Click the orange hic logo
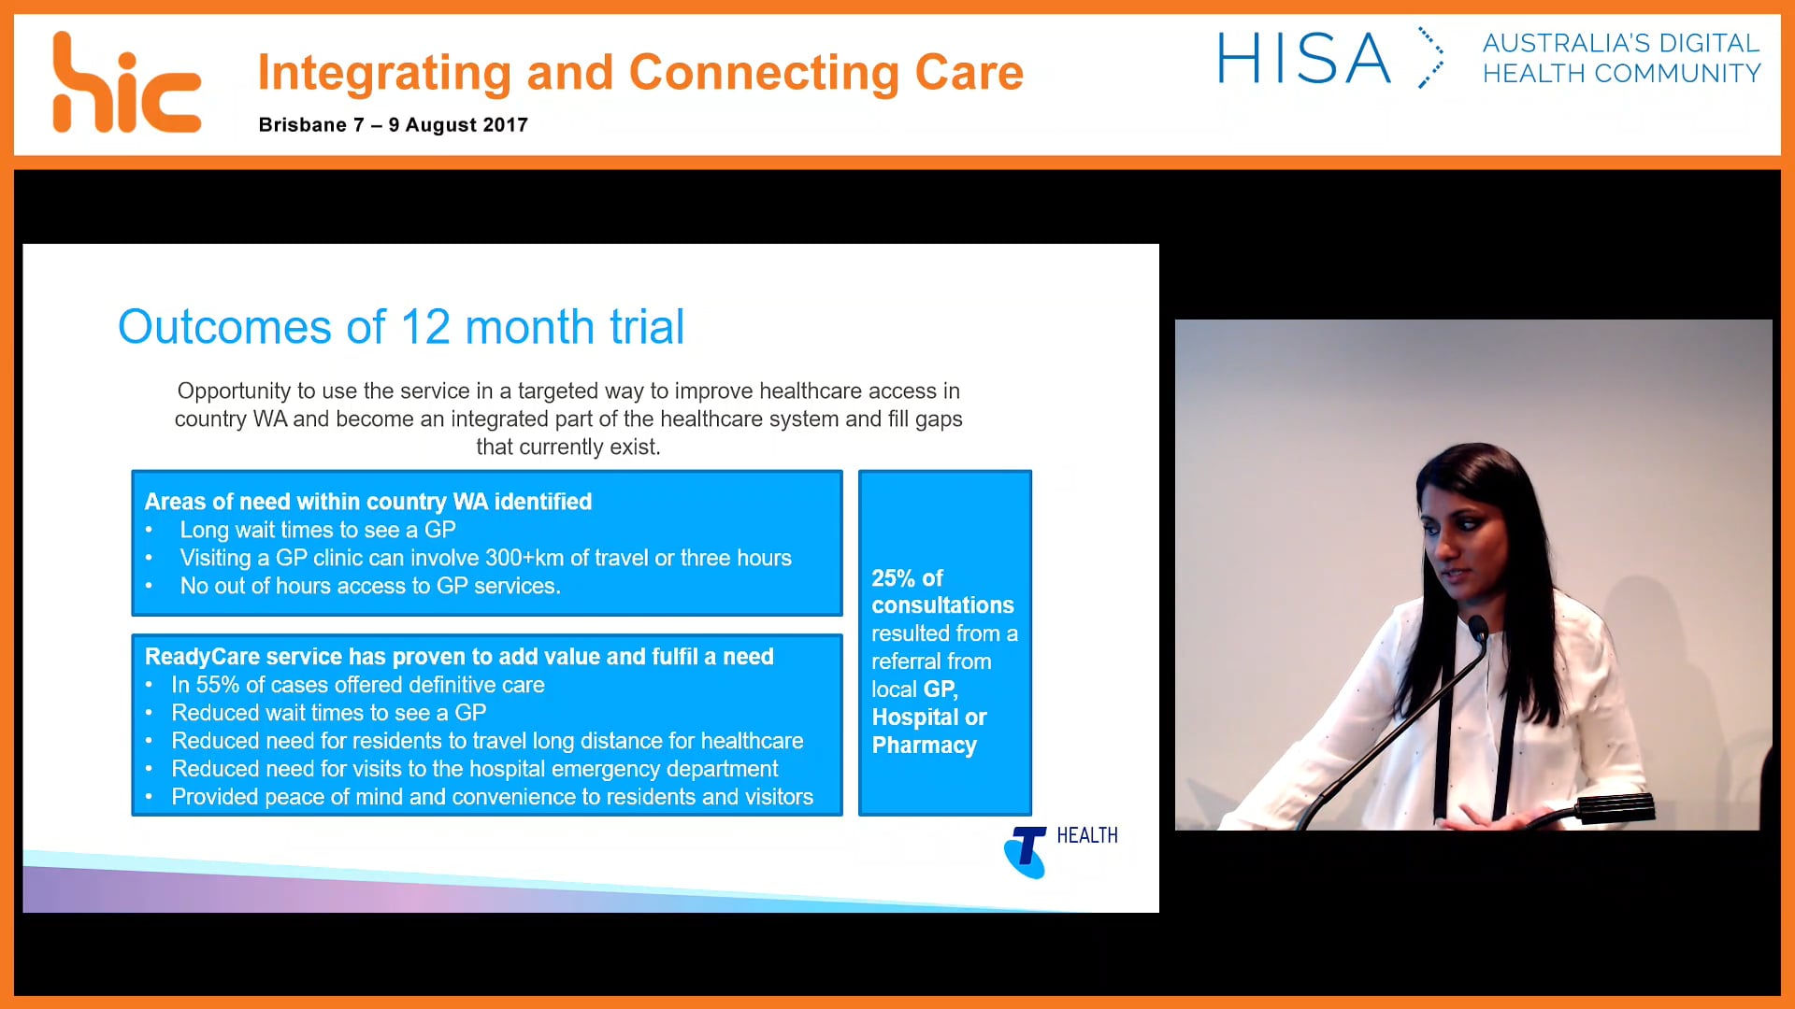(x=126, y=84)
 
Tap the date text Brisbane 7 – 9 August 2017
(x=393, y=125)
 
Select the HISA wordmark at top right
(x=1303, y=59)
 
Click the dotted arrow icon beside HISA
(x=1430, y=58)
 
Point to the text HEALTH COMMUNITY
(x=1621, y=74)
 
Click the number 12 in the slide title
(x=425, y=327)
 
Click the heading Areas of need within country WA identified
(x=367, y=502)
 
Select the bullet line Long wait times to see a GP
(x=318, y=530)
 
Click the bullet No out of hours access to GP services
(x=370, y=586)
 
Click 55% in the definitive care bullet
(x=217, y=685)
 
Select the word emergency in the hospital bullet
(x=596, y=769)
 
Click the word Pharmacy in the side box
(x=924, y=746)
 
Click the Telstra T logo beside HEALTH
(x=1026, y=851)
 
